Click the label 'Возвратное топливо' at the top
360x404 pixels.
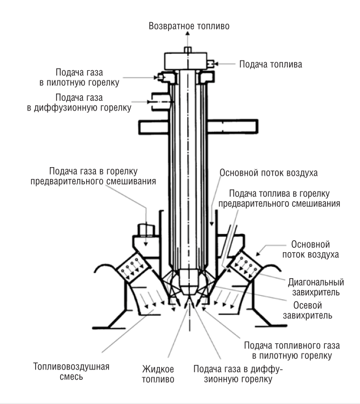tap(189, 26)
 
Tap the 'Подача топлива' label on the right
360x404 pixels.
tap(270, 64)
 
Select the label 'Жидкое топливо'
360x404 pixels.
tap(158, 374)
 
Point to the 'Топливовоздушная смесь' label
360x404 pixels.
tap(71, 372)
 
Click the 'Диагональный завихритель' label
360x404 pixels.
tap(316, 287)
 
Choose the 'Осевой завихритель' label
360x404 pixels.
tap(307, 311)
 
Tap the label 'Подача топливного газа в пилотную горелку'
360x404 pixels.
tap(292, 350)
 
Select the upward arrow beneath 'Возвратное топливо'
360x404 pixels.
tap(188, 39)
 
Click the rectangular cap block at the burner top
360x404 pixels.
tap(186, 61)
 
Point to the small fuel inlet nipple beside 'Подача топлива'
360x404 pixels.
tap(210, 63)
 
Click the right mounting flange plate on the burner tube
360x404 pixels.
tap(232, 127)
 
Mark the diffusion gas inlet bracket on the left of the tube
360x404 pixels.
tap(161, 102)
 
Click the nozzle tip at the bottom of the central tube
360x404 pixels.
tap(189, 282)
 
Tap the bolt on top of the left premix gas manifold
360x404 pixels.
tap(146, 230)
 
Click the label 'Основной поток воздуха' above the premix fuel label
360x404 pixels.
tap(269, 173)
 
